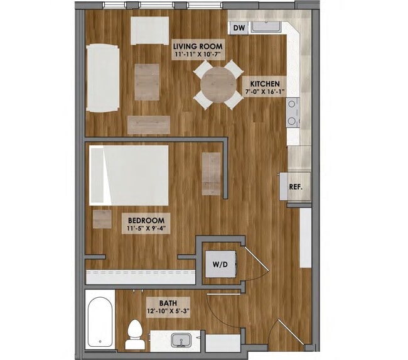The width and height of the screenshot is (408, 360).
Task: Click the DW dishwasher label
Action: pyautogui.click(x=239, y=28)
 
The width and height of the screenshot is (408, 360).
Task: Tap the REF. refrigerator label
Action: pyautogui.click(x=296, y=187)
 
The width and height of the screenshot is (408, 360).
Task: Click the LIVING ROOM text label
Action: pyautogui.click(x=198, y=46)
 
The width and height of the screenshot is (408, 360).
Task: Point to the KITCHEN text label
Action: pyautogui.click(x=265, y=83)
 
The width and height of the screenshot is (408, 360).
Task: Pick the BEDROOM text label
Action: pyautogui.click(x=146, y=220)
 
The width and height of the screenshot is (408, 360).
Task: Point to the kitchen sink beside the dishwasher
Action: pyautogui.click(x=269, y=26)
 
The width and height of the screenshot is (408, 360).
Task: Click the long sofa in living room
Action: pyautogui.click(x=102, y=78)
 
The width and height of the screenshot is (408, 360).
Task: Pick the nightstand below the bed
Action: pyautogui.click(x=102, y=219)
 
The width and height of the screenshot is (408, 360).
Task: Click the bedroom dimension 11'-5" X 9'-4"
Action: pyautogui.click(x=146, y=229)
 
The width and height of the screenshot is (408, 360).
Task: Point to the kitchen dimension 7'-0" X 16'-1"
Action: pyautogui.click(x=265, y=92)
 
